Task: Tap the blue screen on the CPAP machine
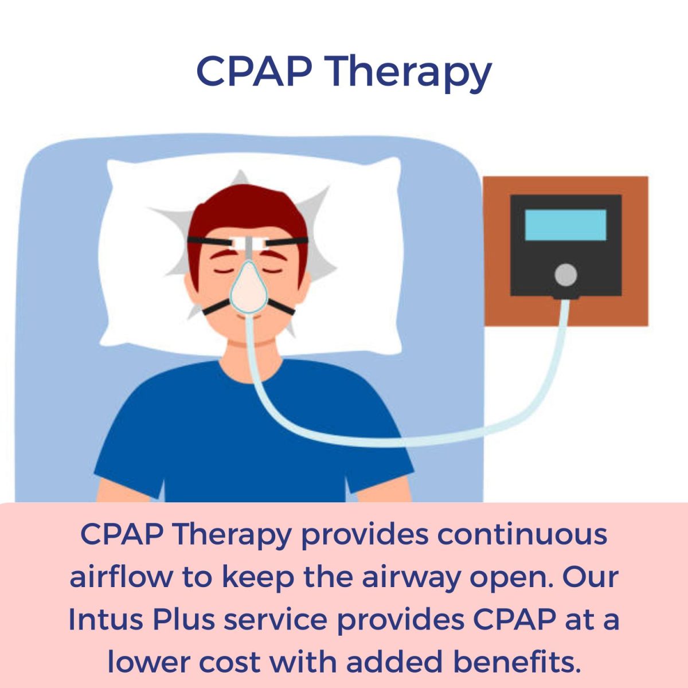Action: [565, 225]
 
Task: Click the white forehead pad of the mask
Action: [249, 244]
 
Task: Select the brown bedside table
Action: [565, 251]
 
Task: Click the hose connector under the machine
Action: [566, 297]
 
